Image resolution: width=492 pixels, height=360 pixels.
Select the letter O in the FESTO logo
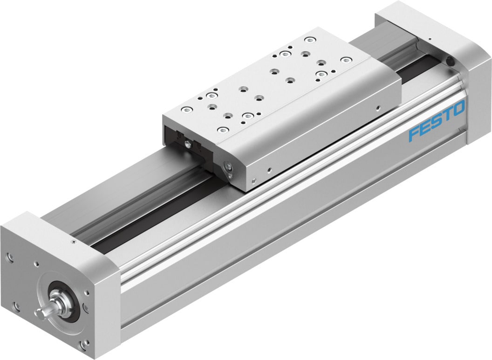click(x=458, y=109)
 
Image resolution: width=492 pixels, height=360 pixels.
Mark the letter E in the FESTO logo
click(x=425, y=128)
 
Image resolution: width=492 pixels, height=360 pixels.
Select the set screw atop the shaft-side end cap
click(x=74, y=243)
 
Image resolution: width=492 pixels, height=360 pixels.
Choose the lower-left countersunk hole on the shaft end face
click(x=16, y=306)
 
